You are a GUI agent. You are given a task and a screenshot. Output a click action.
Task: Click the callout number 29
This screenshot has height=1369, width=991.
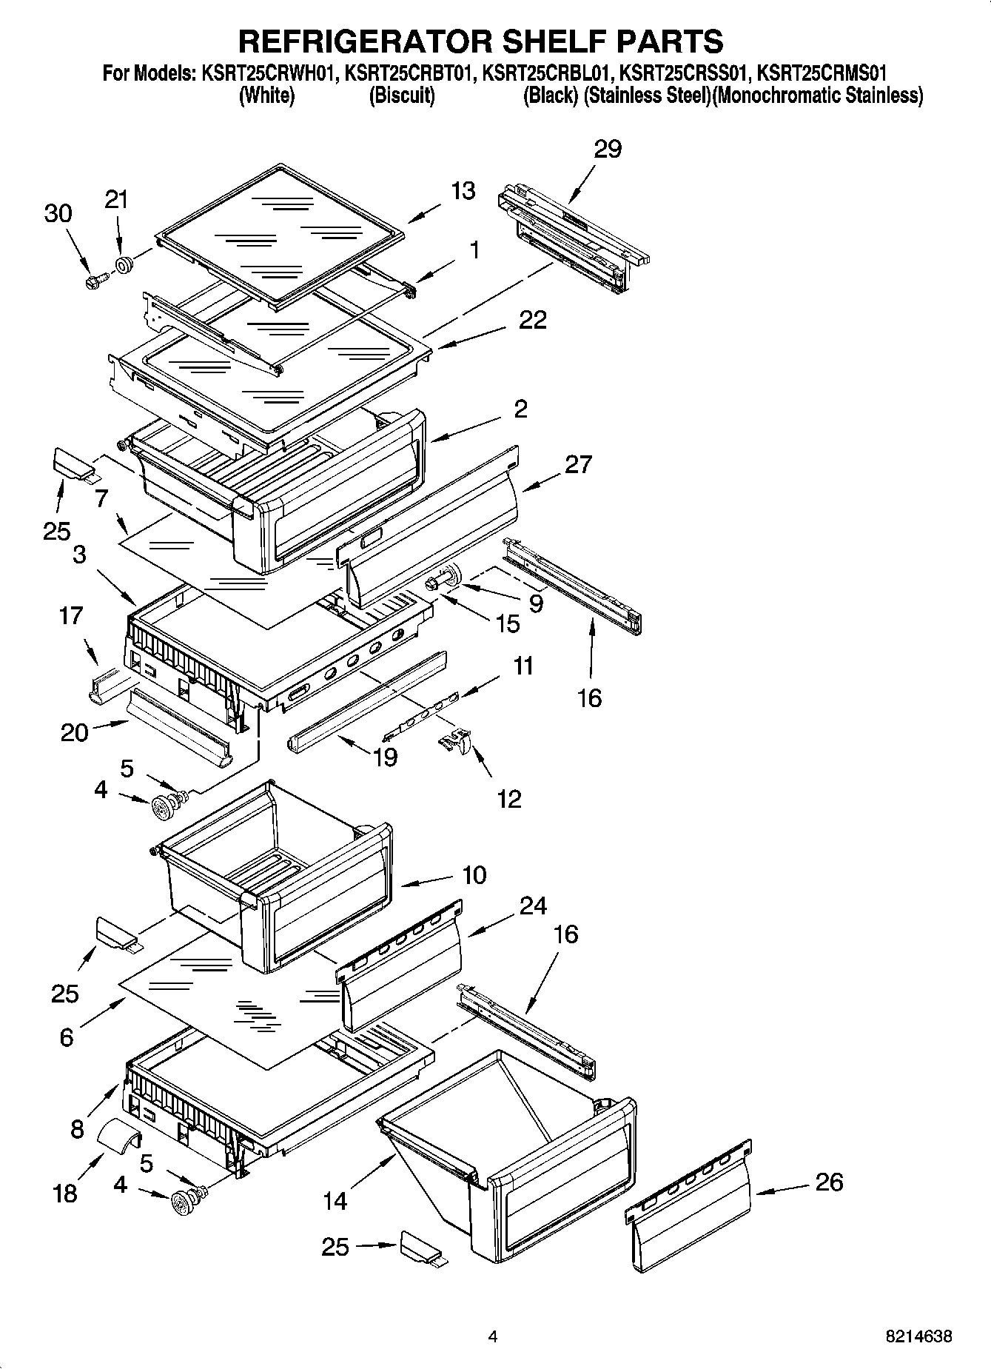(x=608, y=149)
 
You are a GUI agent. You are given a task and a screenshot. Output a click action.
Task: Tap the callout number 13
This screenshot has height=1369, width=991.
(x=463, y=190)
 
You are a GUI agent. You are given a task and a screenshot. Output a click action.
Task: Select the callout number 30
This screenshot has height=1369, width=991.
(x=58, y=213)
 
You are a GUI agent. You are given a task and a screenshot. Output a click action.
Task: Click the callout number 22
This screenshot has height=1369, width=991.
(x=533, y=320)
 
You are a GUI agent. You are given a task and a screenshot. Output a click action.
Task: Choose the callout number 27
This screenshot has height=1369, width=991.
(x=578, y=464)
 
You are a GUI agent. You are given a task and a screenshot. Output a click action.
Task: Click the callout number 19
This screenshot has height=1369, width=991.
(x=385, y=757)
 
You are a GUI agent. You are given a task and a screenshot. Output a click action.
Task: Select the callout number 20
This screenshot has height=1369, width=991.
(x=74, y=732)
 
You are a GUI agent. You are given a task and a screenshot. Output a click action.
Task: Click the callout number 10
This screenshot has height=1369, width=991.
(x=474, y=874)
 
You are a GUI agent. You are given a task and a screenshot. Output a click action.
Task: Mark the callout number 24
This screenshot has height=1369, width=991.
(x=533, y=906)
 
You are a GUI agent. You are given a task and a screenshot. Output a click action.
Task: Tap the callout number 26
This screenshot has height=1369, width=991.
(x=829, y=1182)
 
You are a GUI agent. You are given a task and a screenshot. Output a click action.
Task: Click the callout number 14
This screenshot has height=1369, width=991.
(x=335, y=1200)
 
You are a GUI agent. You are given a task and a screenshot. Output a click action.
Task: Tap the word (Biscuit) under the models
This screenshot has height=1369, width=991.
(x=401, y=96)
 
